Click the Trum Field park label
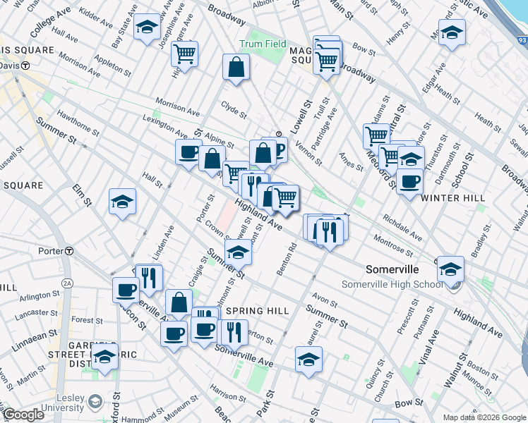click(263, 44)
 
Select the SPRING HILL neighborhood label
click(255, 311)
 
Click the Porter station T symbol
click(69, 252)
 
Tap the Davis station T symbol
click(25, 66)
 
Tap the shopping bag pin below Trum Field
click(236, 68)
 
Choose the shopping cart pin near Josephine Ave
click(184, 53)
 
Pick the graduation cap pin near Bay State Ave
click(147, 28)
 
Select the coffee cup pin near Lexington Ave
click(188, 152)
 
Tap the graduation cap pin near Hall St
click(122, 202)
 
